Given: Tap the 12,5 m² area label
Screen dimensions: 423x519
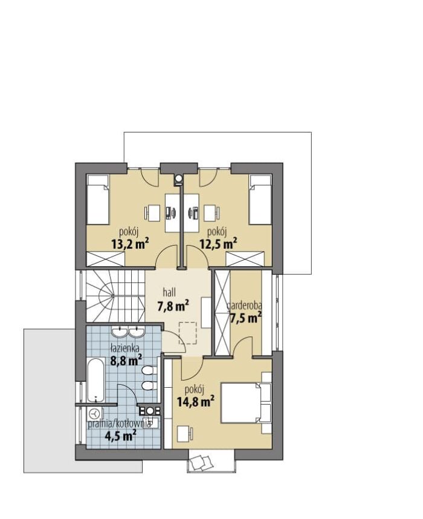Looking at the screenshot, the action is [218, 244].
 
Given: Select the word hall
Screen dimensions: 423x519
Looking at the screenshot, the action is [169, 292].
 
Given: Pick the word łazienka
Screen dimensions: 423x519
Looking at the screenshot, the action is [124, 348].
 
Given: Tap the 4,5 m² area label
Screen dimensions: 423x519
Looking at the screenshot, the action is [121, 436].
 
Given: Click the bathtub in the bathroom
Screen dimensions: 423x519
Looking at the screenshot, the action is [96, 380].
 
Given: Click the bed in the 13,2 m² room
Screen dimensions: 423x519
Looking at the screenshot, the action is [98, 200].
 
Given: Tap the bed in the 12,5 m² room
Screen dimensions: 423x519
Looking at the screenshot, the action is [260, 200].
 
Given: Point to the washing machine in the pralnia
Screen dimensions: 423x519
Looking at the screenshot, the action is [95, 414].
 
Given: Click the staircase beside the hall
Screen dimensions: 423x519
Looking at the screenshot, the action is [115, 296].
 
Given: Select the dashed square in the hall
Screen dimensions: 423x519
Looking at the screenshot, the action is [188, 333].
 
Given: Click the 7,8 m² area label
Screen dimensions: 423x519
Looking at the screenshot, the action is [173, 306].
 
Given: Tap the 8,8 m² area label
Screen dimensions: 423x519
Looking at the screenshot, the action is [126, 360].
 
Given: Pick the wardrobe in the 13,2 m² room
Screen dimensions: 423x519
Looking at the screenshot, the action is [106, 258].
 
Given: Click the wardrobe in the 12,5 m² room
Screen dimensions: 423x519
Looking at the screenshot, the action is [246, 258].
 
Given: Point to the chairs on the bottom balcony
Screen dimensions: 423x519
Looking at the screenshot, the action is [202, 461].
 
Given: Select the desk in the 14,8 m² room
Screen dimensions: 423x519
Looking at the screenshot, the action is [183, 434].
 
